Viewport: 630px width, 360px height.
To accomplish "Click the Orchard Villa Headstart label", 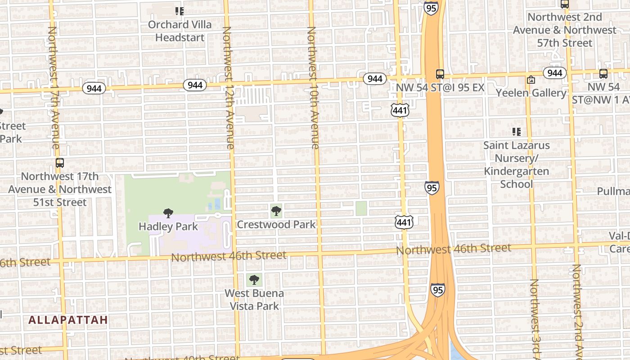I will [x=180, y=31].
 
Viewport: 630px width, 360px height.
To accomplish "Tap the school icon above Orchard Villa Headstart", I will [x=180, y=11].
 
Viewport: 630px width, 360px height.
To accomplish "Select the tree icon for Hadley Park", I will [x=168, y=213].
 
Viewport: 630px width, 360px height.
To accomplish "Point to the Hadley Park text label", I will [x=168, y=226].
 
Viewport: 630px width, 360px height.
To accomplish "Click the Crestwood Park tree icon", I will [x=276, y=211].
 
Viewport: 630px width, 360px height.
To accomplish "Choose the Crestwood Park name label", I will [x=276, y=224].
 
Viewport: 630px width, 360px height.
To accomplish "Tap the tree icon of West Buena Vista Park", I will [x=254, y=280].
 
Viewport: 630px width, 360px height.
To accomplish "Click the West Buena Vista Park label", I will [x=254, y=300].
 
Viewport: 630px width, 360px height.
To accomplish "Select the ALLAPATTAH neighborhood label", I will [x=68, y=320].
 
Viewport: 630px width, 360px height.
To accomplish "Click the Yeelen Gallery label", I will [x=531, y=93].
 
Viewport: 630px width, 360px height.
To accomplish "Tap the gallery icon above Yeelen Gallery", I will [x=531, y=80].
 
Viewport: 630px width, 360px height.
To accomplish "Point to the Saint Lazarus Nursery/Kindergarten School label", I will [x=517, y=165].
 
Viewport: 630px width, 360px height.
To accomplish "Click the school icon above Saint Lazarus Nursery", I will [x=517, y=132].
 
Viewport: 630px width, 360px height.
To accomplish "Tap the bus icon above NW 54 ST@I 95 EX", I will [x=440, y=74].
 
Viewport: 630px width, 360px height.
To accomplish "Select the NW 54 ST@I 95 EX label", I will [x=440, y=87].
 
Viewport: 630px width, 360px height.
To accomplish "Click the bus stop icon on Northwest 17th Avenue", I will [x=60, y=163].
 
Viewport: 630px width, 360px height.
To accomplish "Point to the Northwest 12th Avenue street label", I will [x=228, y=88].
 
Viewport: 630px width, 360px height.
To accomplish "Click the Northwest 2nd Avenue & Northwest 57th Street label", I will [x=565, y=30].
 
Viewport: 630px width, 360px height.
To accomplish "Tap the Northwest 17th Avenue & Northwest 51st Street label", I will [x=60, y=189].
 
